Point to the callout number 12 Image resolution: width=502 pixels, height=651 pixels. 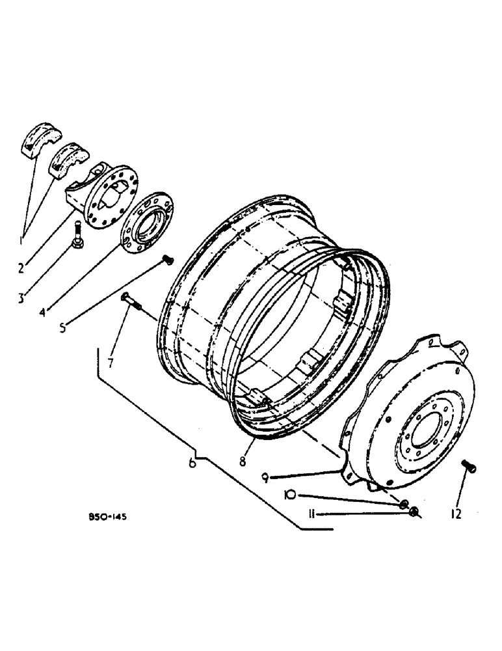455,514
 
